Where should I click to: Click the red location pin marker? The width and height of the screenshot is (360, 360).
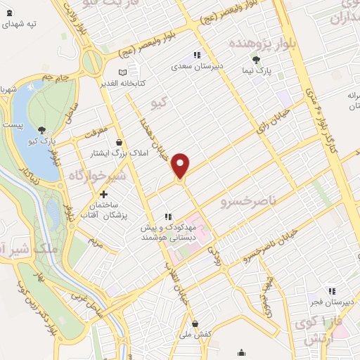[181, 165]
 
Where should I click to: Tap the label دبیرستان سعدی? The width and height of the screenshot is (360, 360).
[198, 67]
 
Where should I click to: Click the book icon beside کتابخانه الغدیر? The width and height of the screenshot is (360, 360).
[123, 72]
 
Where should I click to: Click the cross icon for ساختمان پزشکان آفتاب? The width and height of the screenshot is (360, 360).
[103, 194]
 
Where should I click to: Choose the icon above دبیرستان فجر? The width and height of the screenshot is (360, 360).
[330, 290]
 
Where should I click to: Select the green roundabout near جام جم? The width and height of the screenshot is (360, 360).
[92, 63]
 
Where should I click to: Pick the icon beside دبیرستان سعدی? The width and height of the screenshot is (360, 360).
[198, 55]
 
